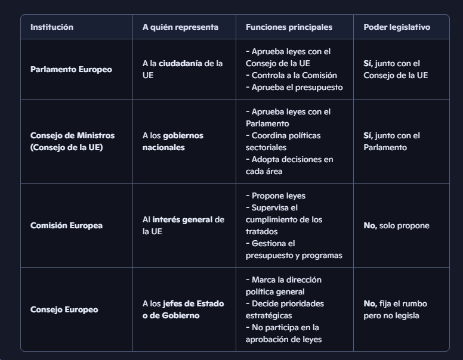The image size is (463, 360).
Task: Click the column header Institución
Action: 52,27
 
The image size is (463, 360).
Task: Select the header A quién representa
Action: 180,27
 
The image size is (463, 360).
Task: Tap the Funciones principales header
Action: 289,27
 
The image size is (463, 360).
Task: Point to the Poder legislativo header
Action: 397,27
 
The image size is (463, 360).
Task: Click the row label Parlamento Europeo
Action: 71,70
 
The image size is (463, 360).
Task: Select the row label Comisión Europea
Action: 66,226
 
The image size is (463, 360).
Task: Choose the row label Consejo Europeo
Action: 64,310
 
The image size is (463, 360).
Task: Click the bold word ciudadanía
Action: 180,64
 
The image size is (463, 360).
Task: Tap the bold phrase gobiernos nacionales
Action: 173,141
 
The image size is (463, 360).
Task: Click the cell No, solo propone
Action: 396,226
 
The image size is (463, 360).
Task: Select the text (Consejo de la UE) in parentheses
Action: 66,147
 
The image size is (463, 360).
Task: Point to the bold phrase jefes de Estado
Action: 192,304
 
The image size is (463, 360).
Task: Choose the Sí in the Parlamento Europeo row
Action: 368,64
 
